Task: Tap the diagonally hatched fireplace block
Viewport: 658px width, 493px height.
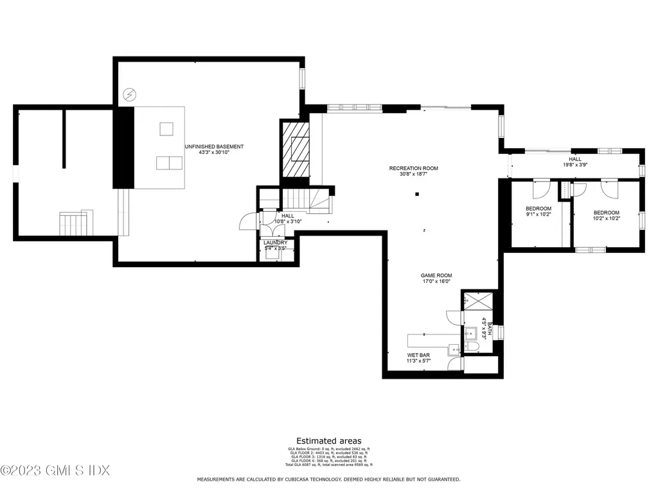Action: click(x=296, y=149)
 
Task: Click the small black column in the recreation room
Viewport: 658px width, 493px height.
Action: click(x=417, y=194)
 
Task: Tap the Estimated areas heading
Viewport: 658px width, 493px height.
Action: click(x=328, y=441)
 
